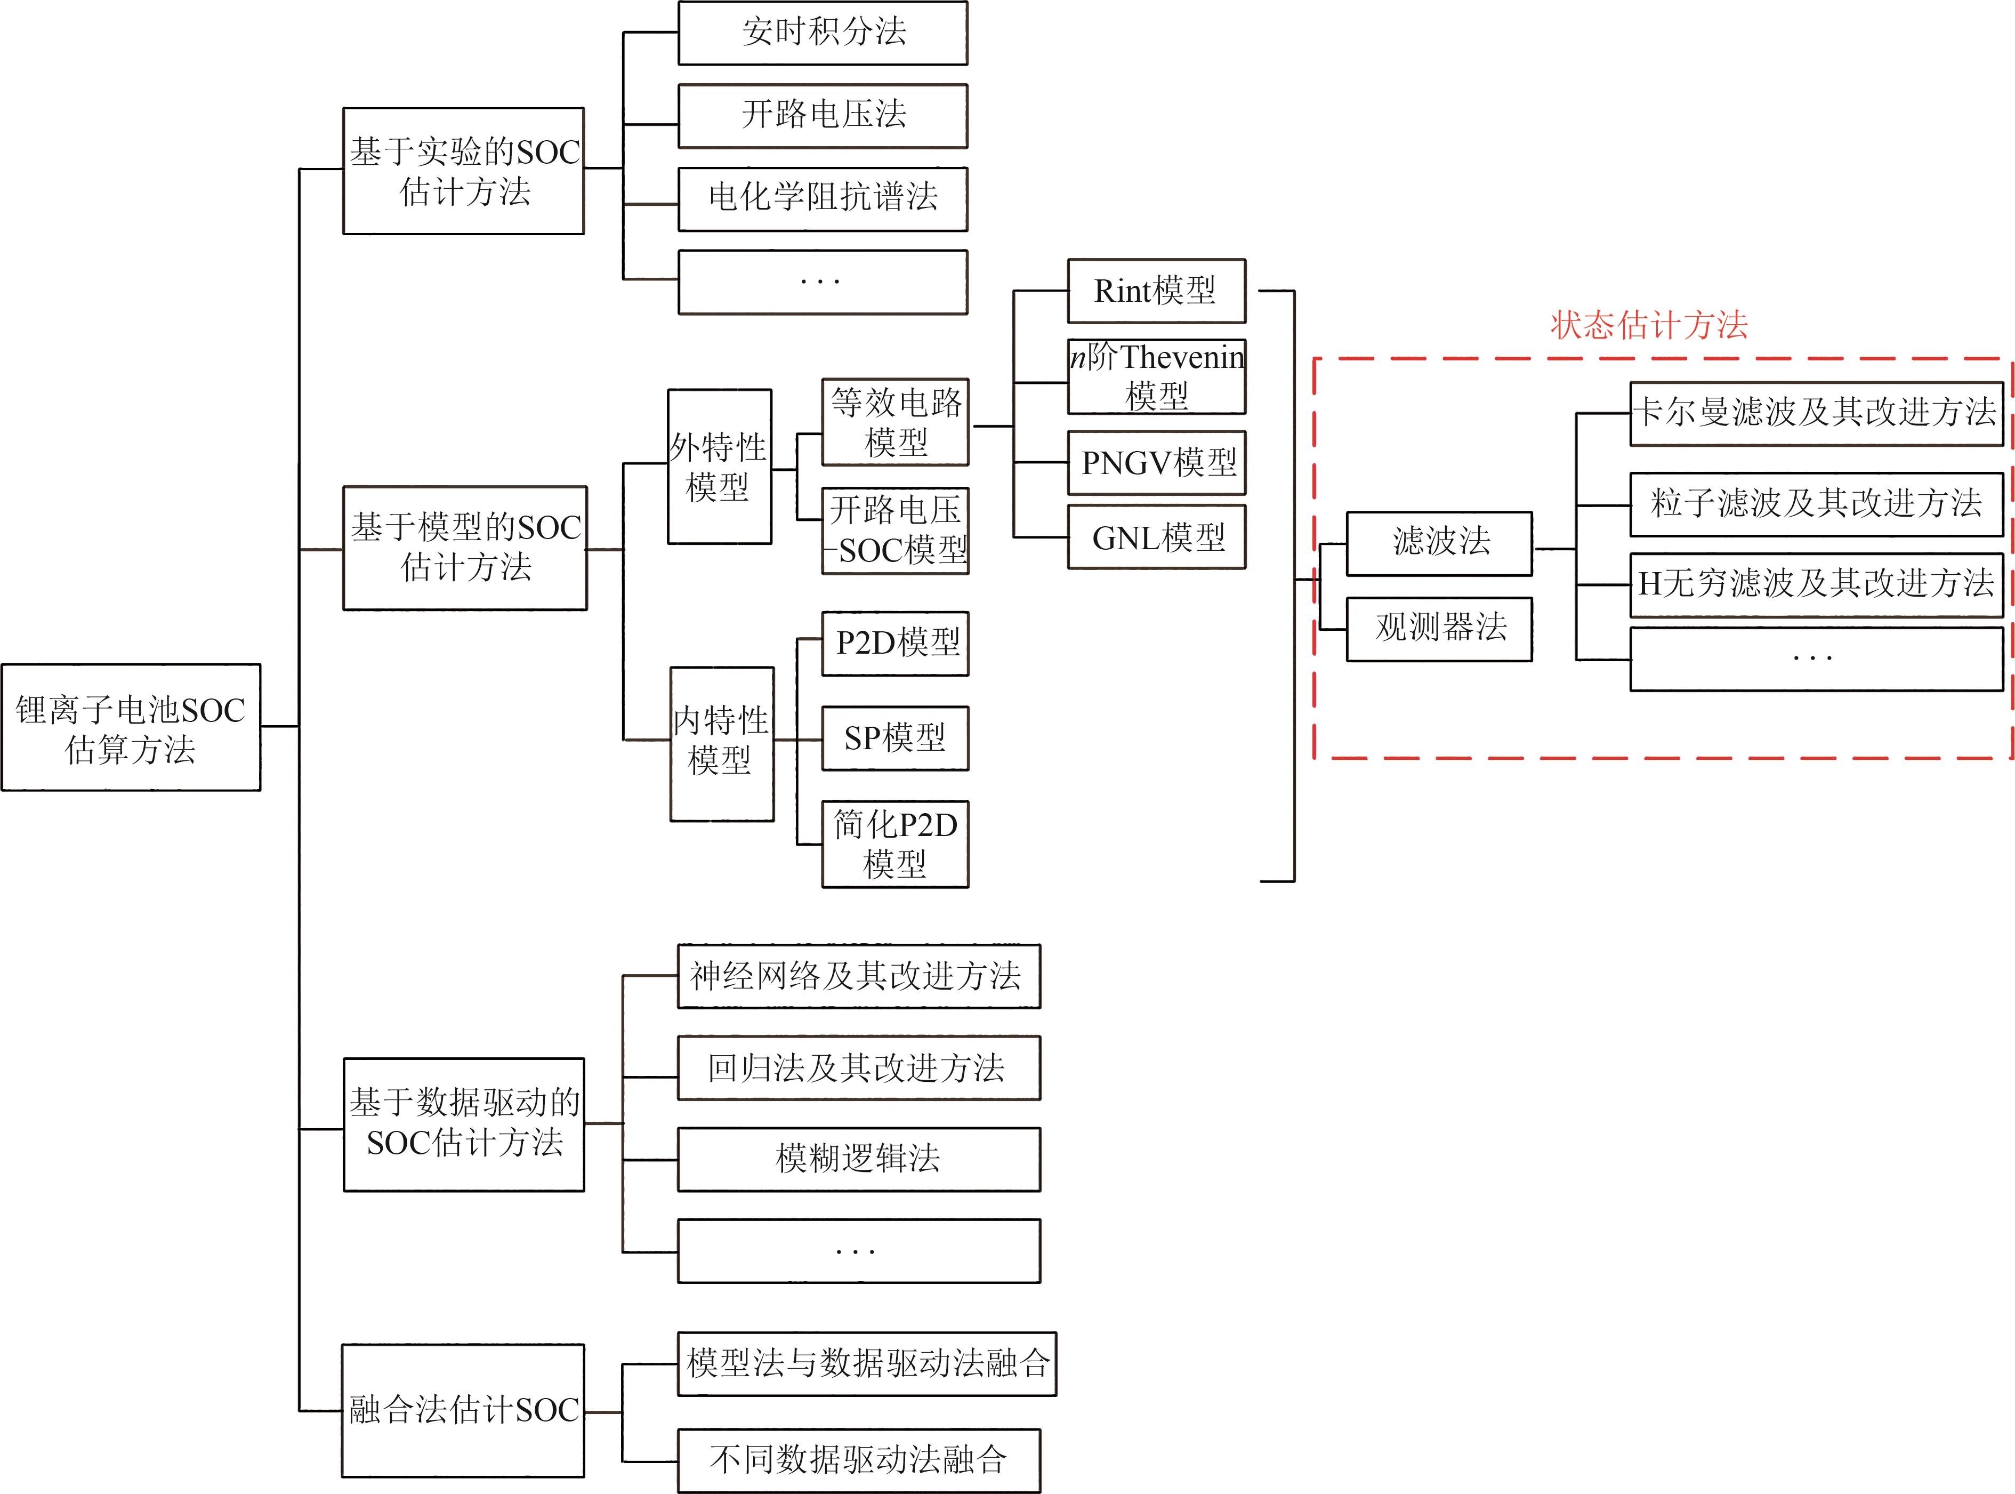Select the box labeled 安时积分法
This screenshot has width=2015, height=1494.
point(823,33)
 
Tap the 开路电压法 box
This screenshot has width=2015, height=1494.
point(823,116)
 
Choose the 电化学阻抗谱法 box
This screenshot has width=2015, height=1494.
point(823,198)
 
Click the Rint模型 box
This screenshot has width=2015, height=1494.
point(1156,291)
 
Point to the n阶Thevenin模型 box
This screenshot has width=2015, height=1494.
point(1156,377)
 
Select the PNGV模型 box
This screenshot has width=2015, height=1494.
point(1156,463)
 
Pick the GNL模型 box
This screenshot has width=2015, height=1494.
point(1156,538)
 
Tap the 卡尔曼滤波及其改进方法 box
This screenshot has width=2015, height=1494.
point(1815,413)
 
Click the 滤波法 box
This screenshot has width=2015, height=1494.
point(1439,543)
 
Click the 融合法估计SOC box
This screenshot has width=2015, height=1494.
point(463,1410)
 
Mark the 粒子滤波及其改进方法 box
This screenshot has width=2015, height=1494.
point(1815,504)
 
